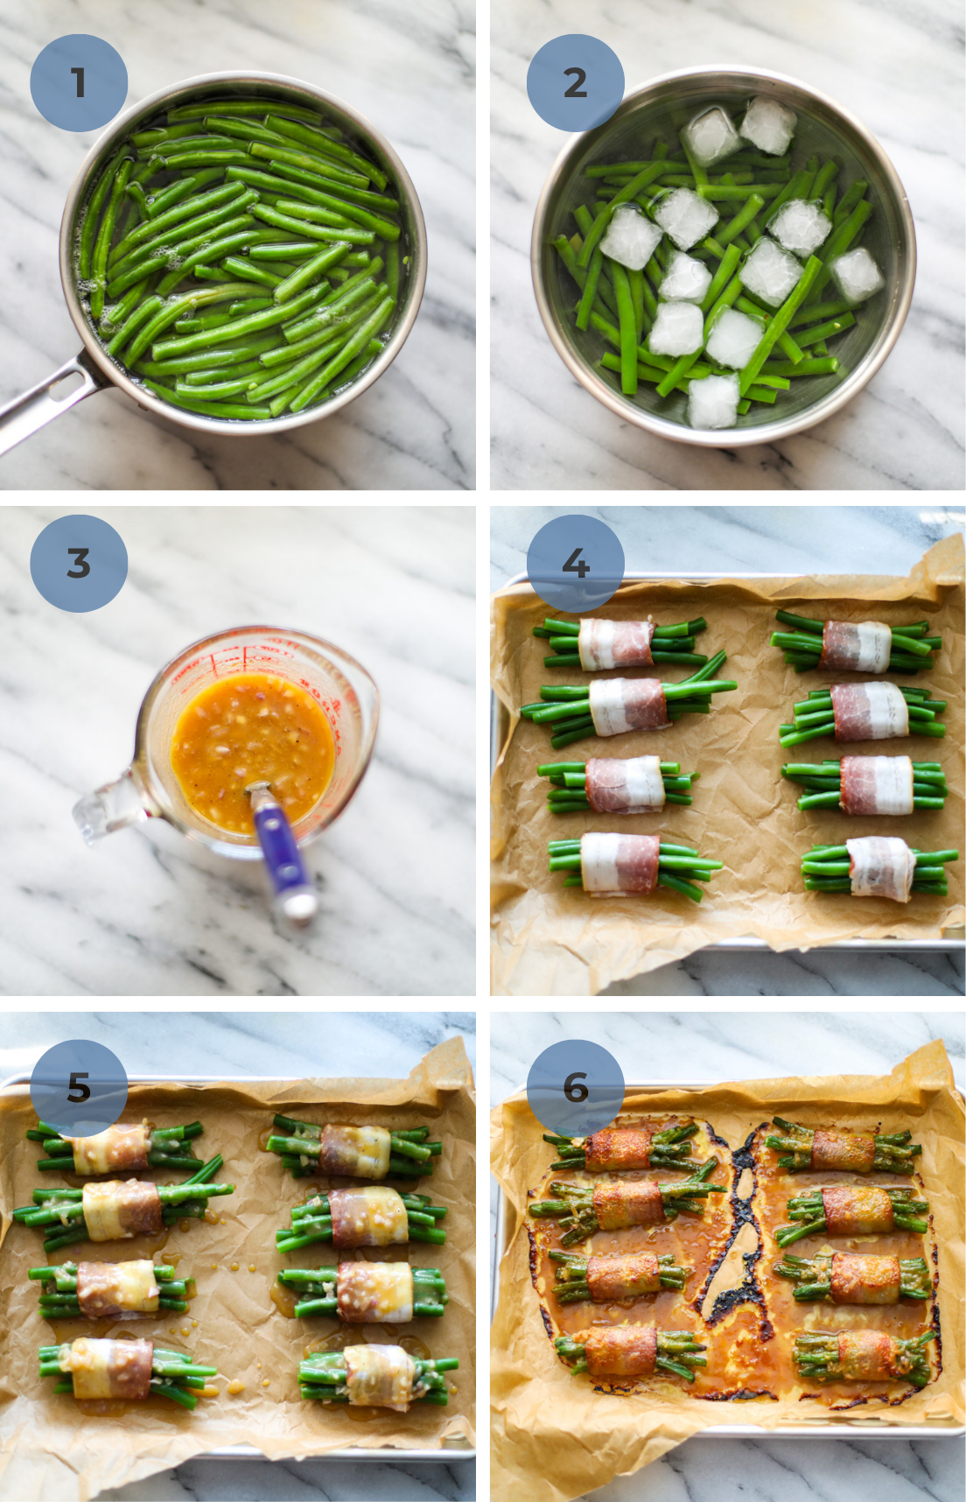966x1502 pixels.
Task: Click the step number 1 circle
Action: point(79,83)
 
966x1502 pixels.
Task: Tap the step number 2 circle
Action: point(575,83)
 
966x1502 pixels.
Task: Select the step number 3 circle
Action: point(79,563)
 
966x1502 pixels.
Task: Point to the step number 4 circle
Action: point(575,563)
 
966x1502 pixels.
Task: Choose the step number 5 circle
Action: point(79,1088)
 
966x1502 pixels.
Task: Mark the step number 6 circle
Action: point(575,1088)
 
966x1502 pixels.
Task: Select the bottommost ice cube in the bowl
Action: point(713,401)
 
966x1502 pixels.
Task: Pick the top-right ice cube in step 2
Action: point(767,124)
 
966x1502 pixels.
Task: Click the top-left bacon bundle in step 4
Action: point(617,643)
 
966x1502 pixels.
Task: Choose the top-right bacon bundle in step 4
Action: point(856,647)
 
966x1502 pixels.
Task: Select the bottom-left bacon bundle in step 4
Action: point(621,864)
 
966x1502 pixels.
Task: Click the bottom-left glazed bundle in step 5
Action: point(112,1367)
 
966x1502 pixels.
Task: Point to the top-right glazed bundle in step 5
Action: point(354,1148)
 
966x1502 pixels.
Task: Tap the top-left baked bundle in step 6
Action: point(617,1148)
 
